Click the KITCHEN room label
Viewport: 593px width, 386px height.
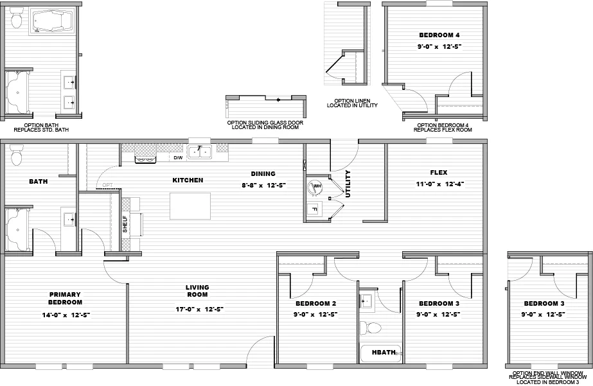(x=187, y=180)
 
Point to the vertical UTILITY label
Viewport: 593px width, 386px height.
(x=348, y=184)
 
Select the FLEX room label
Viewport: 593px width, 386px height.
(x=439, y=172)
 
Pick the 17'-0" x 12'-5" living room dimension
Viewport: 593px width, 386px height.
(x=197, y=308)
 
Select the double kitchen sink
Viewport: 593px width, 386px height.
(x=204, y=152)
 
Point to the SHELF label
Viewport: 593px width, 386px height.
(x=125, y=224)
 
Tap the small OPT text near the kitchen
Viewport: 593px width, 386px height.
(x=107, y=186)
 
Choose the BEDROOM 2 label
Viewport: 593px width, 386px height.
(x=315, y=303)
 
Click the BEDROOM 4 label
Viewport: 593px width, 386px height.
(x=439, y=35)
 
